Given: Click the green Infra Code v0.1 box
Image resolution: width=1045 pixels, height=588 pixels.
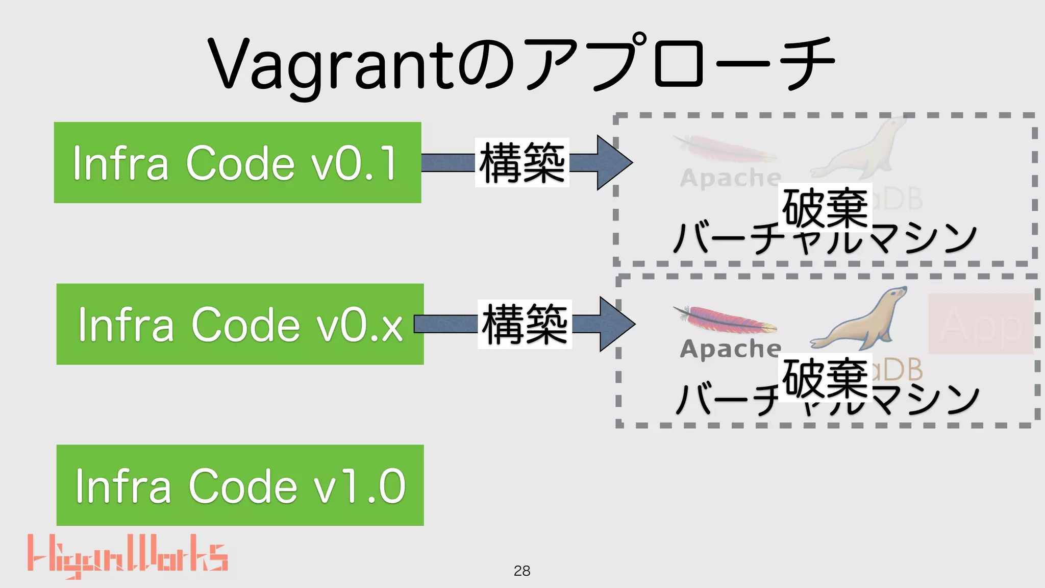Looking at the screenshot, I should (x=237, y=162).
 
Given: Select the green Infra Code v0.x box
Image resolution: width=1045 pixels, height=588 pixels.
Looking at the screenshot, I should (x=240, y=324).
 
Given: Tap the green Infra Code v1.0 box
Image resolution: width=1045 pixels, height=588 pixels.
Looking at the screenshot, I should (x=240, y=485).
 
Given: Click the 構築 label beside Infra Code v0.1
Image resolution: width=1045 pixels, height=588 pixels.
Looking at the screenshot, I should (x=522, y=162).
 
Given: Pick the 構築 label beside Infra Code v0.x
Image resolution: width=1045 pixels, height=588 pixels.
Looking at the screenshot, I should (x=525, y=324).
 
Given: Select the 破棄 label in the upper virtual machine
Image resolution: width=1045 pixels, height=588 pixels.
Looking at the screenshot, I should (x=825, y=207).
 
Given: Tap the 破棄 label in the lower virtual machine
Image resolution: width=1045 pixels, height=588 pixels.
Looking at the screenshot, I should (x=825, y=378).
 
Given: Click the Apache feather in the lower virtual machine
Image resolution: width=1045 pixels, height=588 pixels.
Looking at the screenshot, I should (x=725, y=319).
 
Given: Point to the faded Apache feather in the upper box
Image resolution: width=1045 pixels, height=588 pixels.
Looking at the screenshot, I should (x=725, y=148).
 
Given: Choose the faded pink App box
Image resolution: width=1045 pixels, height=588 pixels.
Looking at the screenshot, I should (x=980, y=324).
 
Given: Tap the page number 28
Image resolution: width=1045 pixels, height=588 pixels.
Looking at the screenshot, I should (x=522, y=571).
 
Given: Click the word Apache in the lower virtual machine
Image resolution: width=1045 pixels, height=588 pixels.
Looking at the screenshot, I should (x=730, y=349).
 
